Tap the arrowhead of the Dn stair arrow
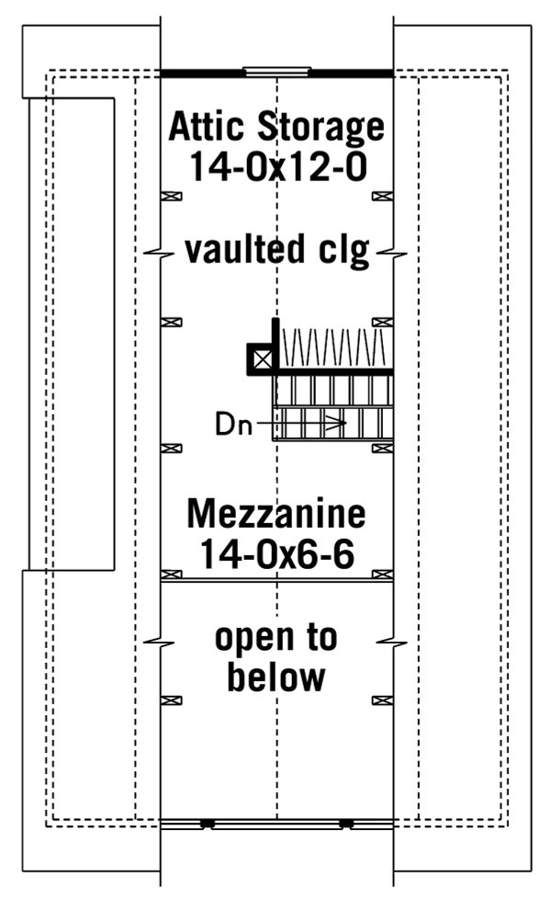(340, 424)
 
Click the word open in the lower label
(275, 637)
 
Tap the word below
(275, 678)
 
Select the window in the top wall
(276, 71)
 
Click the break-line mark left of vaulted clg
(161, 251)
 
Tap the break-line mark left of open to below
(161, 640)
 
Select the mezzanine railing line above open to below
(276, 578)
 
